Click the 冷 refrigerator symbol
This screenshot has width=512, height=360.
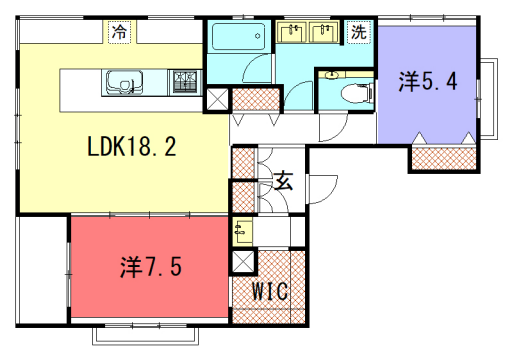pos(120,32)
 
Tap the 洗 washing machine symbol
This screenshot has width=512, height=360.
pos(358,31)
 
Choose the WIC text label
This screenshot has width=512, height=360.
pos(269,292)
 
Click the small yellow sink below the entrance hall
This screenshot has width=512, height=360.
pos(243,231)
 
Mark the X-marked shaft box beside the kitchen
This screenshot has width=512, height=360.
pos(217,99)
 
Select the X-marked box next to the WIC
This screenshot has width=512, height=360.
pos(242,263)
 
